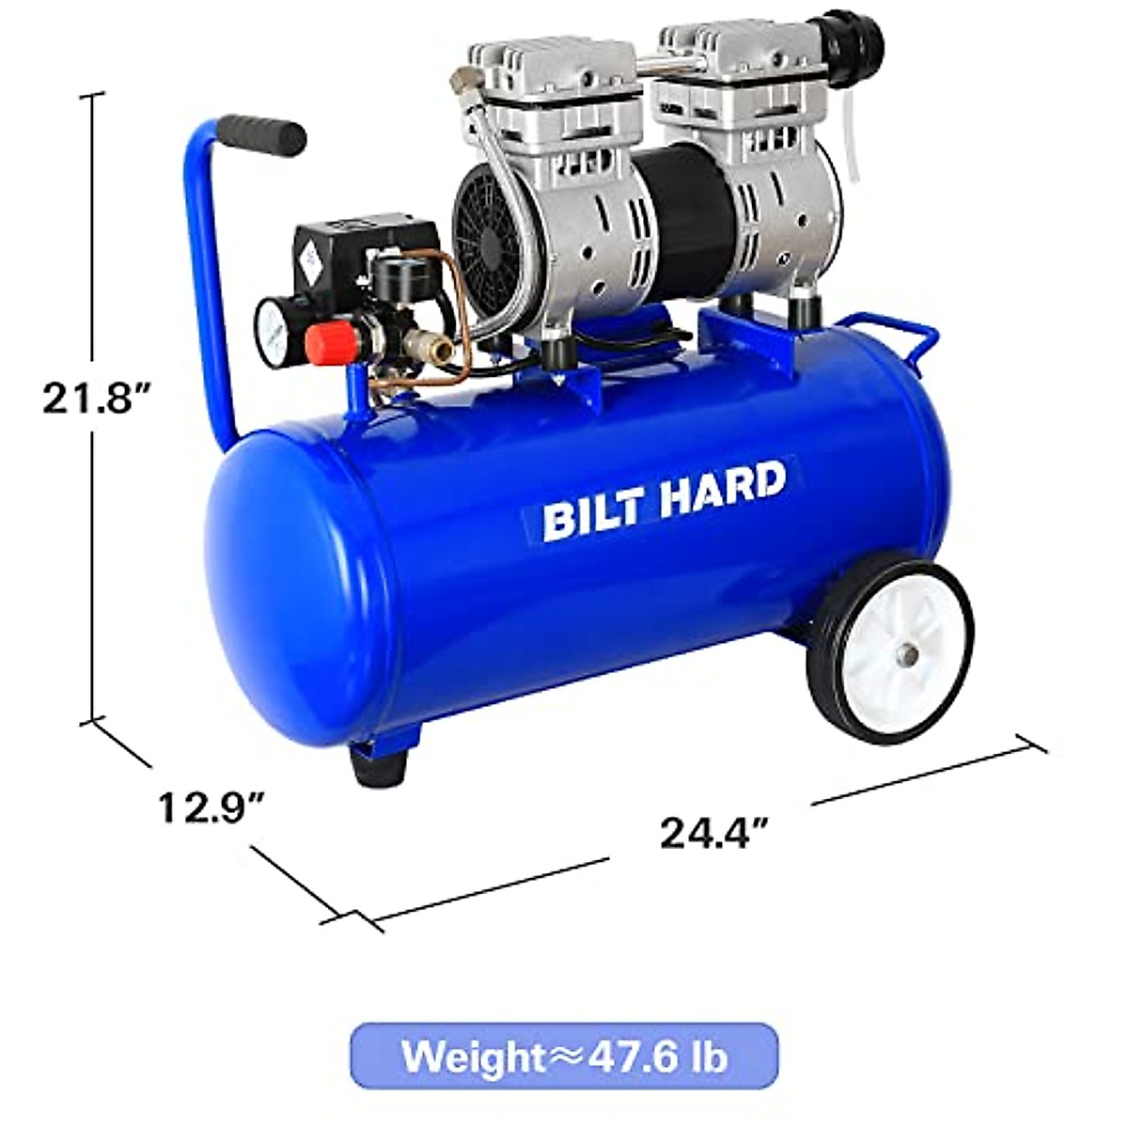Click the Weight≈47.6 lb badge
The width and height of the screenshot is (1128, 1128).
tap(565, 1056)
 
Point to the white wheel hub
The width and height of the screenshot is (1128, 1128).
tap(898, 648)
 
